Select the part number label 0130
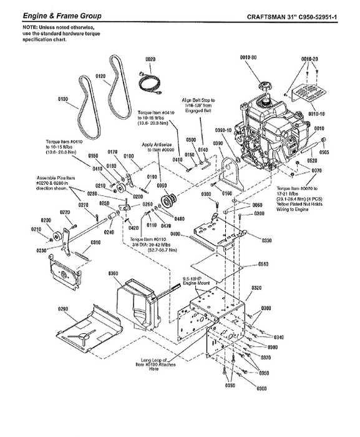click(x=62, y=99)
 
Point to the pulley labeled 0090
click(x=167, y=202)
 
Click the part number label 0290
click(x=62, y=309)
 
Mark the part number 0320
click(x=256, y=288)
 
